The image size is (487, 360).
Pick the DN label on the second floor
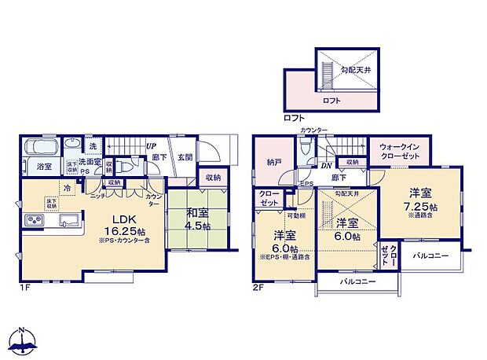click(325, 166)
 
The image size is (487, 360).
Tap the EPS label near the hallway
click(306, 185)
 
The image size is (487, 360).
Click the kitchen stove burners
click(36, 219)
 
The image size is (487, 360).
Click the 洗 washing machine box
click(93, 146)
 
